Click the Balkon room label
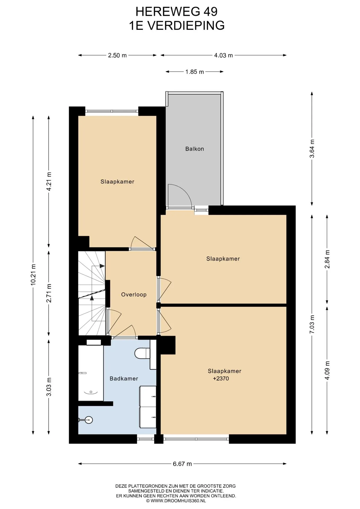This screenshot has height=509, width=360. click(x=195, y=149)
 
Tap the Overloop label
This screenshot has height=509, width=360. click(x=134, y=295)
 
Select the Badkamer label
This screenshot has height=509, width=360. click(x=124, y=379)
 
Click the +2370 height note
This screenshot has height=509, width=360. click(x=221, y=379)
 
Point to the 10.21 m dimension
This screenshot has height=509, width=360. click(x=33, y=275)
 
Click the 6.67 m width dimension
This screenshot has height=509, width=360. click(x=182, y=464)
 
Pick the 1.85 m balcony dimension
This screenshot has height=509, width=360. click(x=195, y=72)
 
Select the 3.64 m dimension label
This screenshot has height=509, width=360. click(x=312, y=149)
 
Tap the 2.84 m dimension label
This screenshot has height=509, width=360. click(x=327, y=259)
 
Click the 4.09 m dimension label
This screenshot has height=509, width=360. click(x=327, y=370)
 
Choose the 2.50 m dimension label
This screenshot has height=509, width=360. click(x=117, y=55)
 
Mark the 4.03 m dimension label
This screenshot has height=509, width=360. click(x=223, y=55)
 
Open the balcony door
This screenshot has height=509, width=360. click(x=179, y=196)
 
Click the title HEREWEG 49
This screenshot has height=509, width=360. click(x=177, y=12)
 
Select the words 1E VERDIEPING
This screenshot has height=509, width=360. click(x=177, y=25)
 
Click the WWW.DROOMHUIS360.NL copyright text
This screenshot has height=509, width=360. click(x=176, y=501)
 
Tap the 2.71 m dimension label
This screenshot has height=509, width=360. click(x=49, y=293)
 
